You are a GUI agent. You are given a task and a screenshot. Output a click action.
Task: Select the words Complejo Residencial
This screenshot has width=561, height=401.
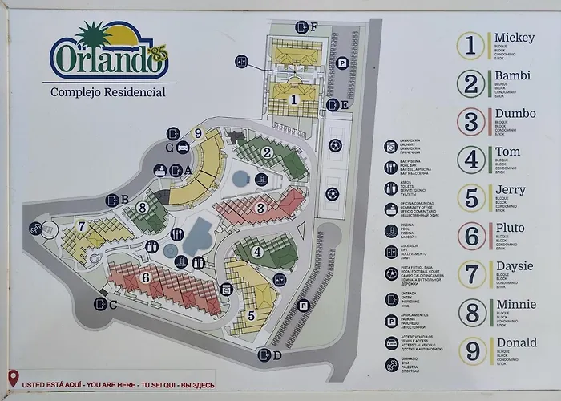coord(108,91)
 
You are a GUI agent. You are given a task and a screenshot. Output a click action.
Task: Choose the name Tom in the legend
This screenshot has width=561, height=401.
coord(507,152)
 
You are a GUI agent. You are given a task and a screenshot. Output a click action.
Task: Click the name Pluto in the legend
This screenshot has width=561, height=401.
coord(510,229)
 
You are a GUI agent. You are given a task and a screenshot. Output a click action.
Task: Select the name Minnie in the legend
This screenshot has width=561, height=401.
coord(515,305)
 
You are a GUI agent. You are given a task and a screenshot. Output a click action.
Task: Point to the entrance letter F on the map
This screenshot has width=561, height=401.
coord(315,26)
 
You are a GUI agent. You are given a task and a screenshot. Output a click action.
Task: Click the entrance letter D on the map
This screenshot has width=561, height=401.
coord(277,355)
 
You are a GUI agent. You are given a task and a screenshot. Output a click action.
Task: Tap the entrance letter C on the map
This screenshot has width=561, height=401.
coord(113,304)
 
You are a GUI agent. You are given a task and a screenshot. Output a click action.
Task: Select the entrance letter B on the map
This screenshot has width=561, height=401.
coord(125,200)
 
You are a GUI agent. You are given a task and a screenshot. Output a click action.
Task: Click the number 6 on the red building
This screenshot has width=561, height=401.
coord(145,277)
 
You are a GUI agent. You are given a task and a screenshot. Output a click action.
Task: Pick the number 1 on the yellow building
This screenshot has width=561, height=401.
coord(294,99)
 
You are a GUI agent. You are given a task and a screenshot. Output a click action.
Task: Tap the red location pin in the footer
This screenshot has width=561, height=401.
coord(14,378)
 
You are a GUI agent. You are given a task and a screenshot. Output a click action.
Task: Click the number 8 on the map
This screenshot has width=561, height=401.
coord(142,208)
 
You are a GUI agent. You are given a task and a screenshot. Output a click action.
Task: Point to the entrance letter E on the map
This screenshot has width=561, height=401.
coord(345,104)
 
